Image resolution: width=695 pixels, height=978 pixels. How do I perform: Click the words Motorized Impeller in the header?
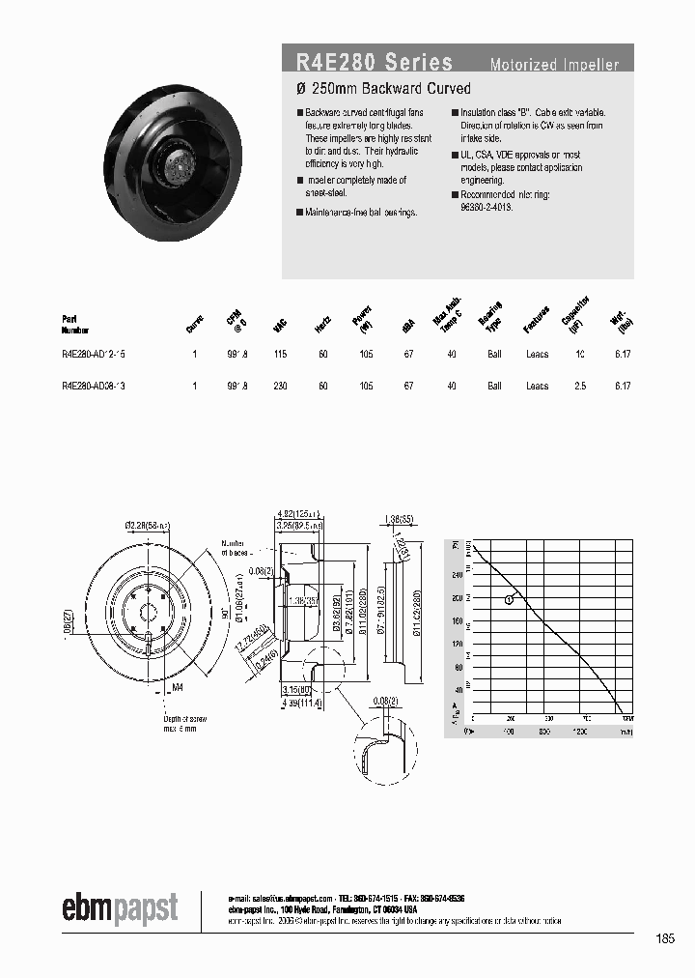coord(554,66)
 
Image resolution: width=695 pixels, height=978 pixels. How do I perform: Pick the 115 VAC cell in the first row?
coord(280,355)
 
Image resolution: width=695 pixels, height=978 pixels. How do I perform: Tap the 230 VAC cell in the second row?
coord(280,386)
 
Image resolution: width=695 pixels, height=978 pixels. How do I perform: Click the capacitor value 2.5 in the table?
coord(579,386)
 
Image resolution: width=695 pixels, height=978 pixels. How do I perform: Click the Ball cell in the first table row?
coord(494,355)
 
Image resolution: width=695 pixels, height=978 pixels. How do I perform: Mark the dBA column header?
coord(409,328)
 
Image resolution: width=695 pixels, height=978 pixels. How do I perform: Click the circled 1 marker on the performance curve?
coord(509,600)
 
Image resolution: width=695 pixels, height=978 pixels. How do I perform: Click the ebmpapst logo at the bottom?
coord(121,909)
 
